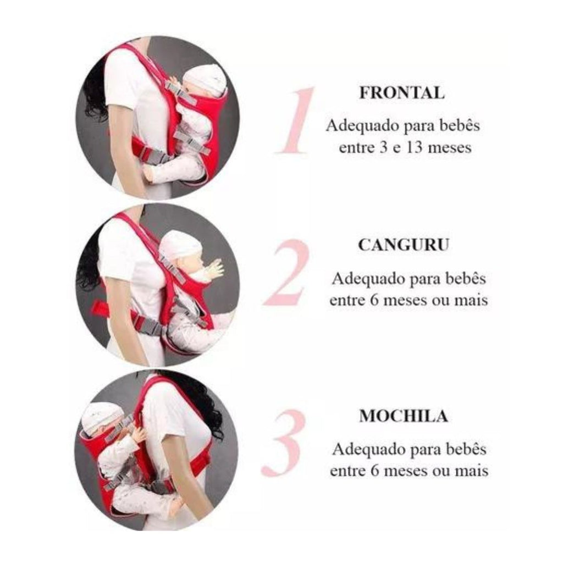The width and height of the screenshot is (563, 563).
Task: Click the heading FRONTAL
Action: (402, 92)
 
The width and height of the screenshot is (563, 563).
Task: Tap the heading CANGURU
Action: (404, 245)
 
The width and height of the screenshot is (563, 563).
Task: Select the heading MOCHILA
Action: (404, 416)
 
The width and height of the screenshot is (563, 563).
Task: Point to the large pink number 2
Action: (286, 272)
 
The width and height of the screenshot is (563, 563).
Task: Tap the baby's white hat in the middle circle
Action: (180, 244)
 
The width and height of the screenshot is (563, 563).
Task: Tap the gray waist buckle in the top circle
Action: (155, 155)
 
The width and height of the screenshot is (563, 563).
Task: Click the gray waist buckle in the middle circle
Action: (153, 328)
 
